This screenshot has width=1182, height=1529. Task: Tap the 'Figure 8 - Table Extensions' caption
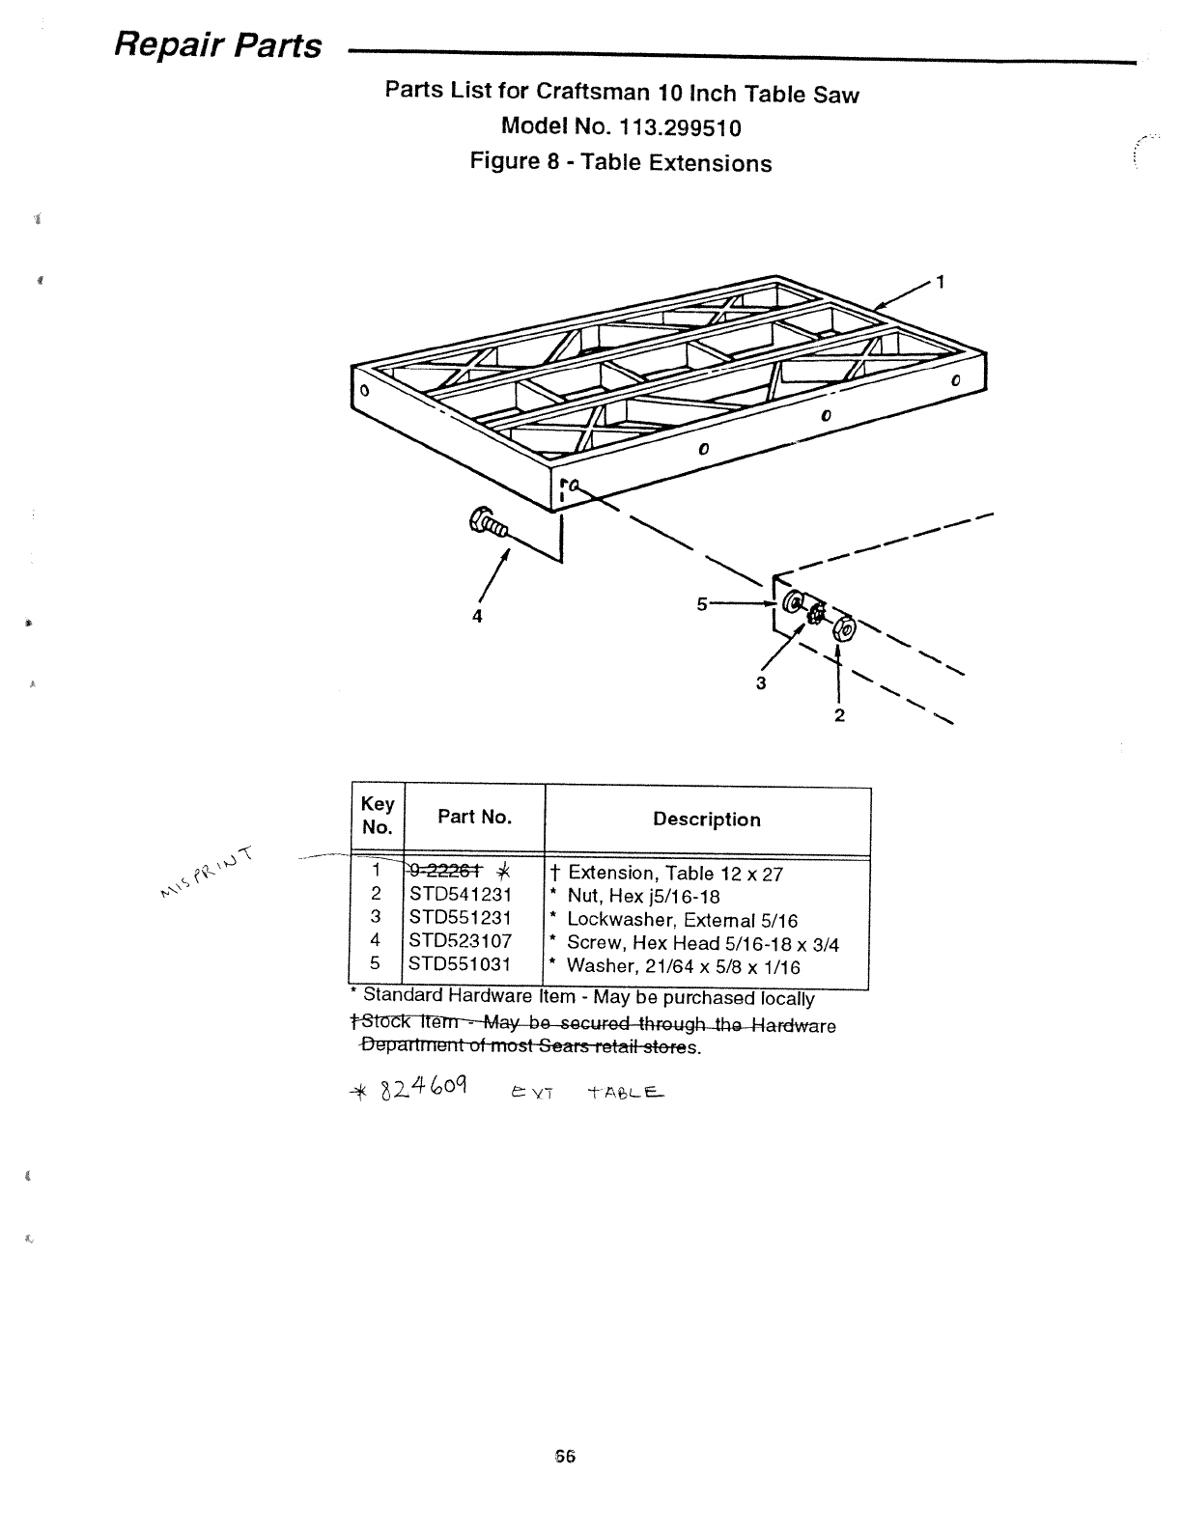[x=620, y=161]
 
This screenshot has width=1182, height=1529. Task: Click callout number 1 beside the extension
[x=941, y=283]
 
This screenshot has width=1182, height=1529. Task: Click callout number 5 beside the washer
[x=701, y=604]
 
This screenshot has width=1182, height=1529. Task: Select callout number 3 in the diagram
[x=761, y=683]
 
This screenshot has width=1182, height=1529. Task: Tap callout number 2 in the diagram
[x=839, y=715]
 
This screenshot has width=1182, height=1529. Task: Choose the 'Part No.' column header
[x=474, y=817]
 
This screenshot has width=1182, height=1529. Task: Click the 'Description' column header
[x=706, y=820]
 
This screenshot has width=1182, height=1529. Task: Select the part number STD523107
[x=460, y=940]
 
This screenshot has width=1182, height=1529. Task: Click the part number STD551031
[x=460, y=963]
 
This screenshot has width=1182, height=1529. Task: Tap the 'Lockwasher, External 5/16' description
[x=682, y=919]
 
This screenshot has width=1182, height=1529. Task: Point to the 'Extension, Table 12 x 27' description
[x=675, y=874]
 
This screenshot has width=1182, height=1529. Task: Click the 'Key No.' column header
[x=377, y=816]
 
